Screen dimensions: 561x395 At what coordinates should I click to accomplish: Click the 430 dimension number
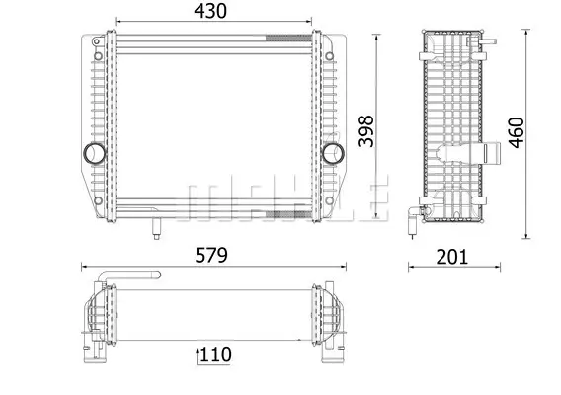point(210,11)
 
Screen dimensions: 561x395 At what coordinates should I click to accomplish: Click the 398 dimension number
point(366,131)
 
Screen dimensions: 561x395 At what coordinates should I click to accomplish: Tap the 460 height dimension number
point(517,132)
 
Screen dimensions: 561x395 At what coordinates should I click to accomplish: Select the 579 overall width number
point(211,255)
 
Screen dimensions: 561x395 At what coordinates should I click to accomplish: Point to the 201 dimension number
point(452,257)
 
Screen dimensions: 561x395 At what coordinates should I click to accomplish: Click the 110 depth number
point(215,355)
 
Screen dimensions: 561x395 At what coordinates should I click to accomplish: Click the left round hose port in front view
point(95,153)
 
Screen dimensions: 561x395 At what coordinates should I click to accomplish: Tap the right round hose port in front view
point(333,153)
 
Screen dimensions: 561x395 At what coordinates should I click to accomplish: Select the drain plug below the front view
point(156,229)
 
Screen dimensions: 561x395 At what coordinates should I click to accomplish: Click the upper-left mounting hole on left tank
point(98,56)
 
